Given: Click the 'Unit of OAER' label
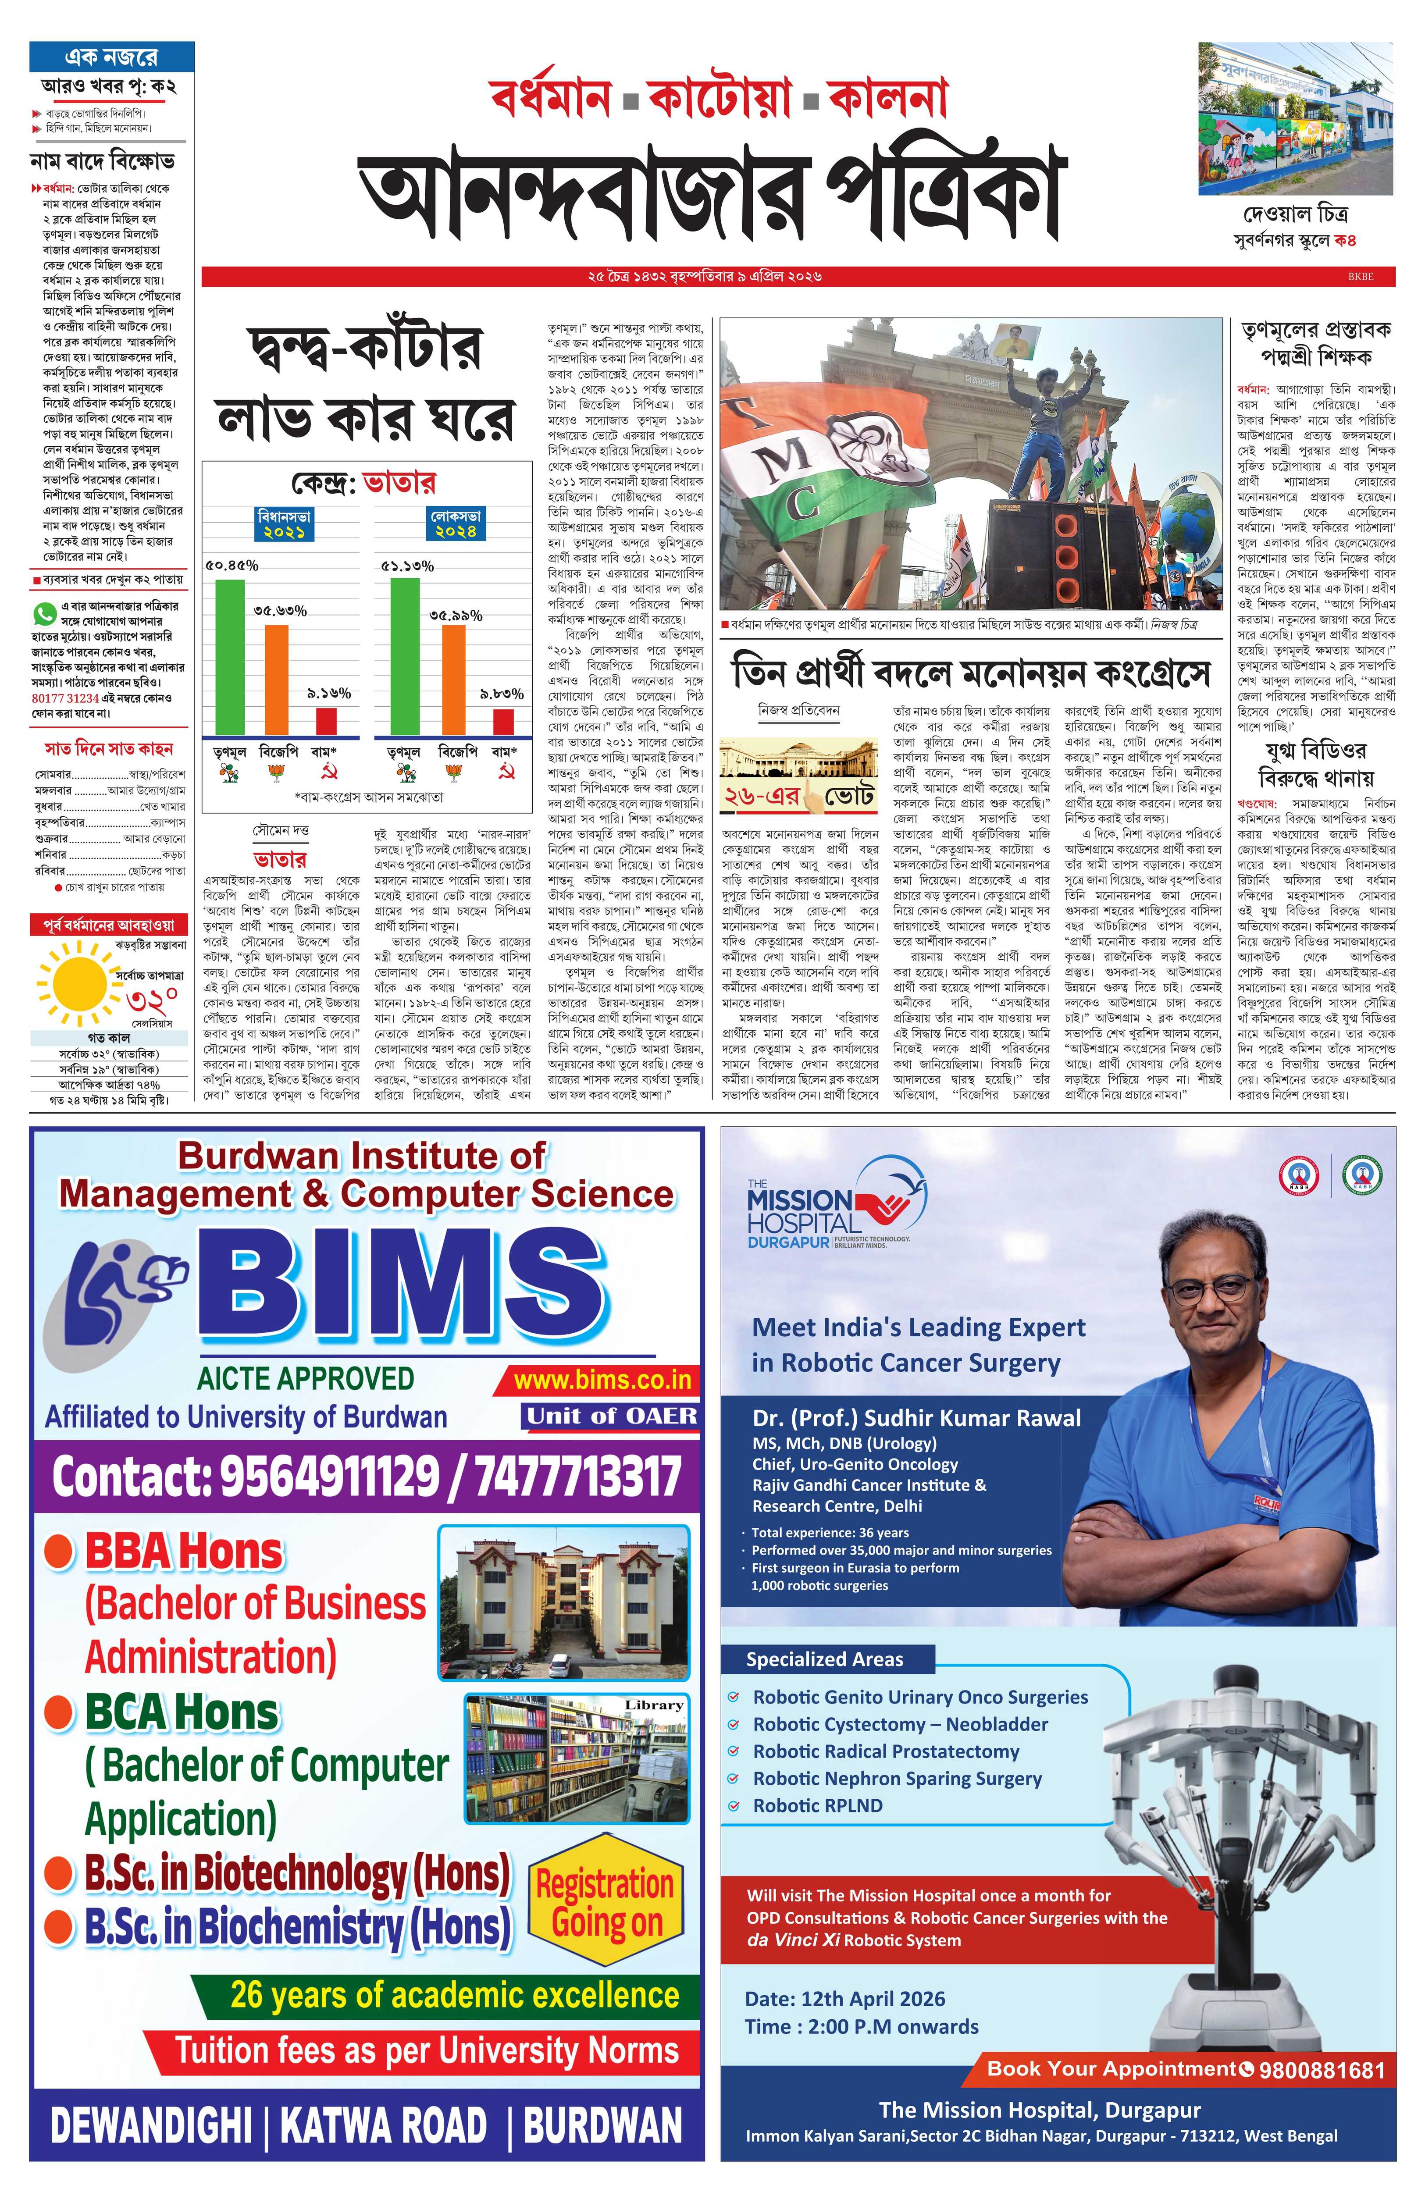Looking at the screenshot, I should click(611, 1416).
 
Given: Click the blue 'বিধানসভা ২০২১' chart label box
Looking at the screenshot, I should click(284, 524).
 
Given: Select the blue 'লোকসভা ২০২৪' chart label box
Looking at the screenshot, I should click(456, 524).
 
